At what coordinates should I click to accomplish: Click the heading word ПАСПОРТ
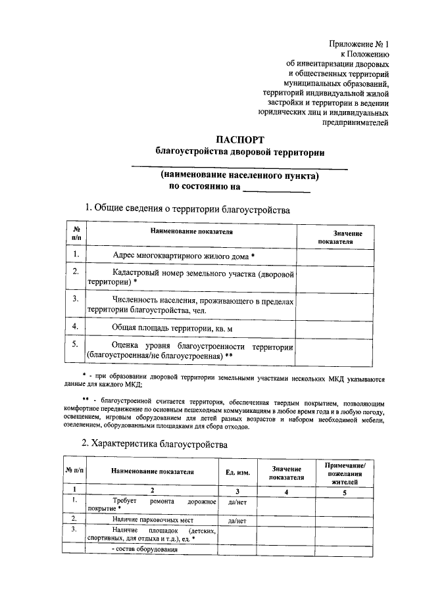(240, 140)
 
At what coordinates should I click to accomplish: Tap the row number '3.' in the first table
(76, 298)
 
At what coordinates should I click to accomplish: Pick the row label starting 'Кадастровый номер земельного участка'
(189, 277)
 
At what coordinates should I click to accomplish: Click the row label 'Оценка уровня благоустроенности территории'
(189, 350)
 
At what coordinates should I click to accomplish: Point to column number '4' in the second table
(286, 491)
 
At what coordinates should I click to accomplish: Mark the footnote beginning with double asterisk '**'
(230, 413)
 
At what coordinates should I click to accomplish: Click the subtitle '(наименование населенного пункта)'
(240, 176)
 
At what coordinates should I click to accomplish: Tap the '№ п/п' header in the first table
(76, 234)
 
